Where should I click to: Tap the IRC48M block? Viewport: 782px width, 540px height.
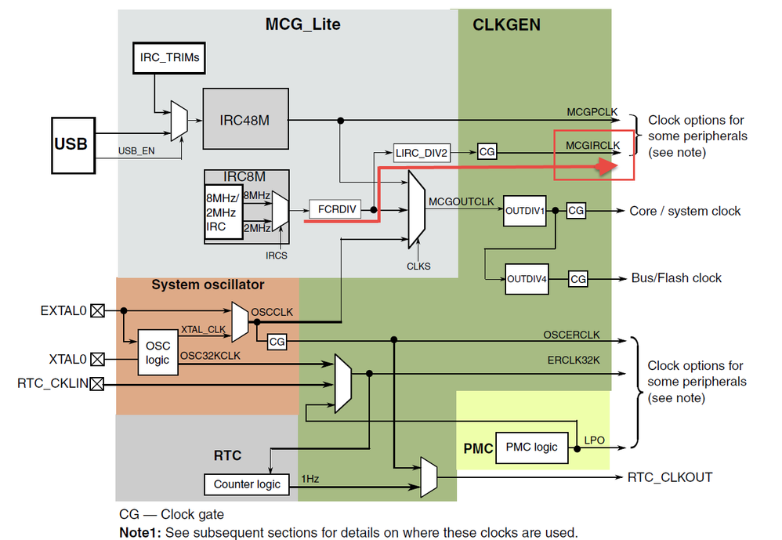point(246,118)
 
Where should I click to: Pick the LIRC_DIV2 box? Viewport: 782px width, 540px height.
point(423,154)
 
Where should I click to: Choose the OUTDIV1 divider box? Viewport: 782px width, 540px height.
point(525,211)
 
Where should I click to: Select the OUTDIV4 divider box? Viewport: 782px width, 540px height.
point(527,278)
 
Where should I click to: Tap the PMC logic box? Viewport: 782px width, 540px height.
point(532,447)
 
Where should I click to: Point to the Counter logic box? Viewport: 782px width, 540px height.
point(247,484)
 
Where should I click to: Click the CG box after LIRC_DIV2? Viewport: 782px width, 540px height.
point(487,153)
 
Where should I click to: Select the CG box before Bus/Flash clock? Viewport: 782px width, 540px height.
point(577,278)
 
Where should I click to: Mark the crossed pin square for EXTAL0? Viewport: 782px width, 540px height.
point(97,311)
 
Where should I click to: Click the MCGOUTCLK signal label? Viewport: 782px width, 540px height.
point(462,201)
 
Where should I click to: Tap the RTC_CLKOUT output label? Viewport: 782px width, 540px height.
point(670,477)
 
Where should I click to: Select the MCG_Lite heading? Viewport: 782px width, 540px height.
point(302,24)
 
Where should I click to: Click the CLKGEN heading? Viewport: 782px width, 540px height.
point(506,25)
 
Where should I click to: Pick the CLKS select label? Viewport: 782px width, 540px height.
point(418,266)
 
